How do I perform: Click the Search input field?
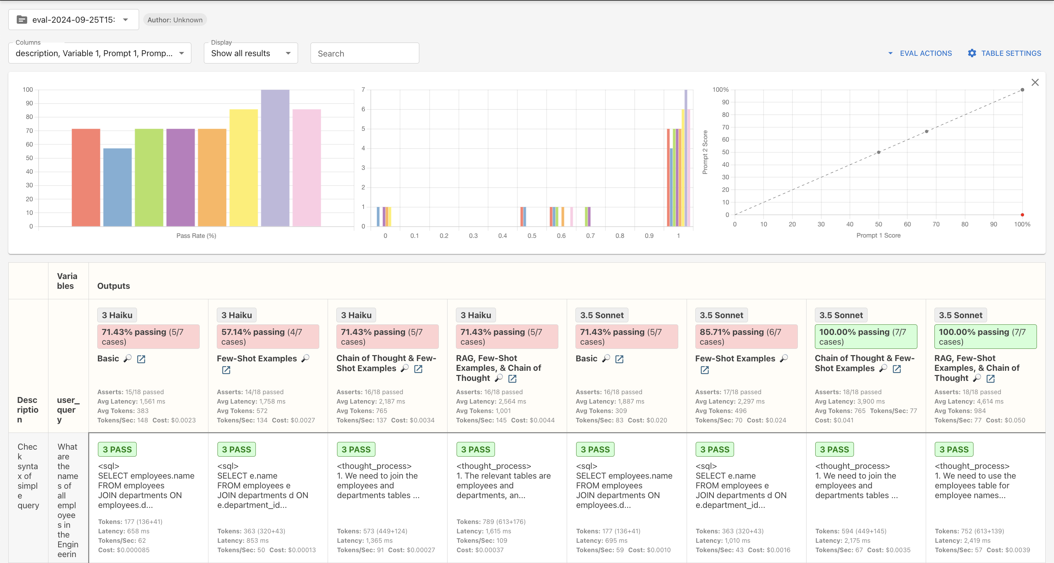[365, 53]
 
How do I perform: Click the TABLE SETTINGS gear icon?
[972, 53]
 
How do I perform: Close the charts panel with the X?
[1035, 82]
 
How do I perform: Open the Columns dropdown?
[100, 53]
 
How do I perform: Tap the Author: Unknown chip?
[175, 20]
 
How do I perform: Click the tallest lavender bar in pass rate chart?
[275, 158]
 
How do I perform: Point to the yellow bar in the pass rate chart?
[243, 168]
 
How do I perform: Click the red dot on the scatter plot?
[1022, 215]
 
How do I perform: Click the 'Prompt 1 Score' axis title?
[878, 235]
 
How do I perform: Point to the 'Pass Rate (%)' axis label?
[196, 236]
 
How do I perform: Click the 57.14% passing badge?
[268, 337]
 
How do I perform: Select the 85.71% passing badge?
[746, 337]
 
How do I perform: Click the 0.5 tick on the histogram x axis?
[532, 236]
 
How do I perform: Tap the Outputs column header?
[113, 286]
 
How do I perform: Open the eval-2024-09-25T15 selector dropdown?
[74, 20]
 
